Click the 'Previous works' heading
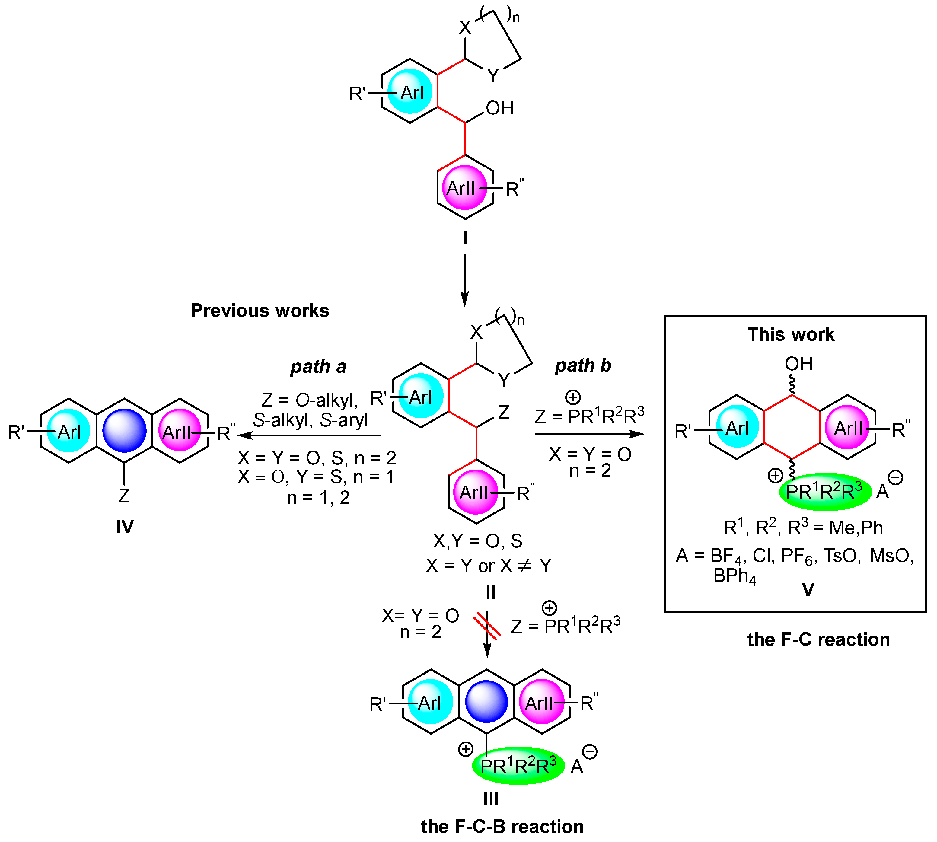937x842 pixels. tap(260, 311)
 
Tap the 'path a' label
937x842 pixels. tap(318, 366)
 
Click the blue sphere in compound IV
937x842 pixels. tap(124, 430)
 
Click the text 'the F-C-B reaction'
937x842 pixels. tap(502, 826)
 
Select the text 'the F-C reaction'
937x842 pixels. tap(818, 639)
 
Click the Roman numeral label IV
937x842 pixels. tap(125, 527)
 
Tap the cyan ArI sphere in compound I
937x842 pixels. tap(410, 92)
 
